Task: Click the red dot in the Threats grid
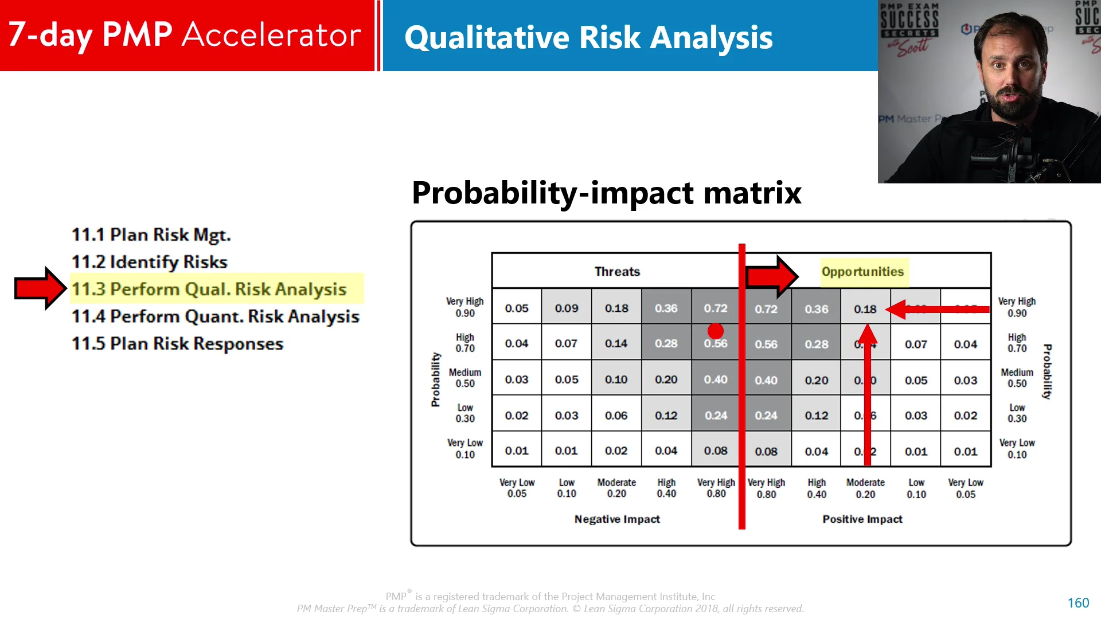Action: pos(715,331)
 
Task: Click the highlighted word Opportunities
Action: pos(862,272)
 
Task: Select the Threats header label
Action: pos(617,272)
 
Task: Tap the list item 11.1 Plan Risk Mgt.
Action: pos(151,235)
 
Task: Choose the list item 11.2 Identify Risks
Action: pos(149,262)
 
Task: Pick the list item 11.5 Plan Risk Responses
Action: pos(177,343)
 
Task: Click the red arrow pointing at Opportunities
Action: pos(771,277)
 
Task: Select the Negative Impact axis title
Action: pos(617,519)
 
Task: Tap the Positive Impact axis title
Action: pos(862,519)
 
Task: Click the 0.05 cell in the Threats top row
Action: pos(517,308)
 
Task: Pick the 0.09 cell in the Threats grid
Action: pos(567,308)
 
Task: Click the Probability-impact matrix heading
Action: pos(606,193)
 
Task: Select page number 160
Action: pos(1077,603)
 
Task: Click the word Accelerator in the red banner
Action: pos(271,35)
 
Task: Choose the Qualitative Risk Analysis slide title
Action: pos(588,38)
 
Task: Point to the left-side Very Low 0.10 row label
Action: pos(465,449)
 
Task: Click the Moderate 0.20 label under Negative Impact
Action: pos(616,488)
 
